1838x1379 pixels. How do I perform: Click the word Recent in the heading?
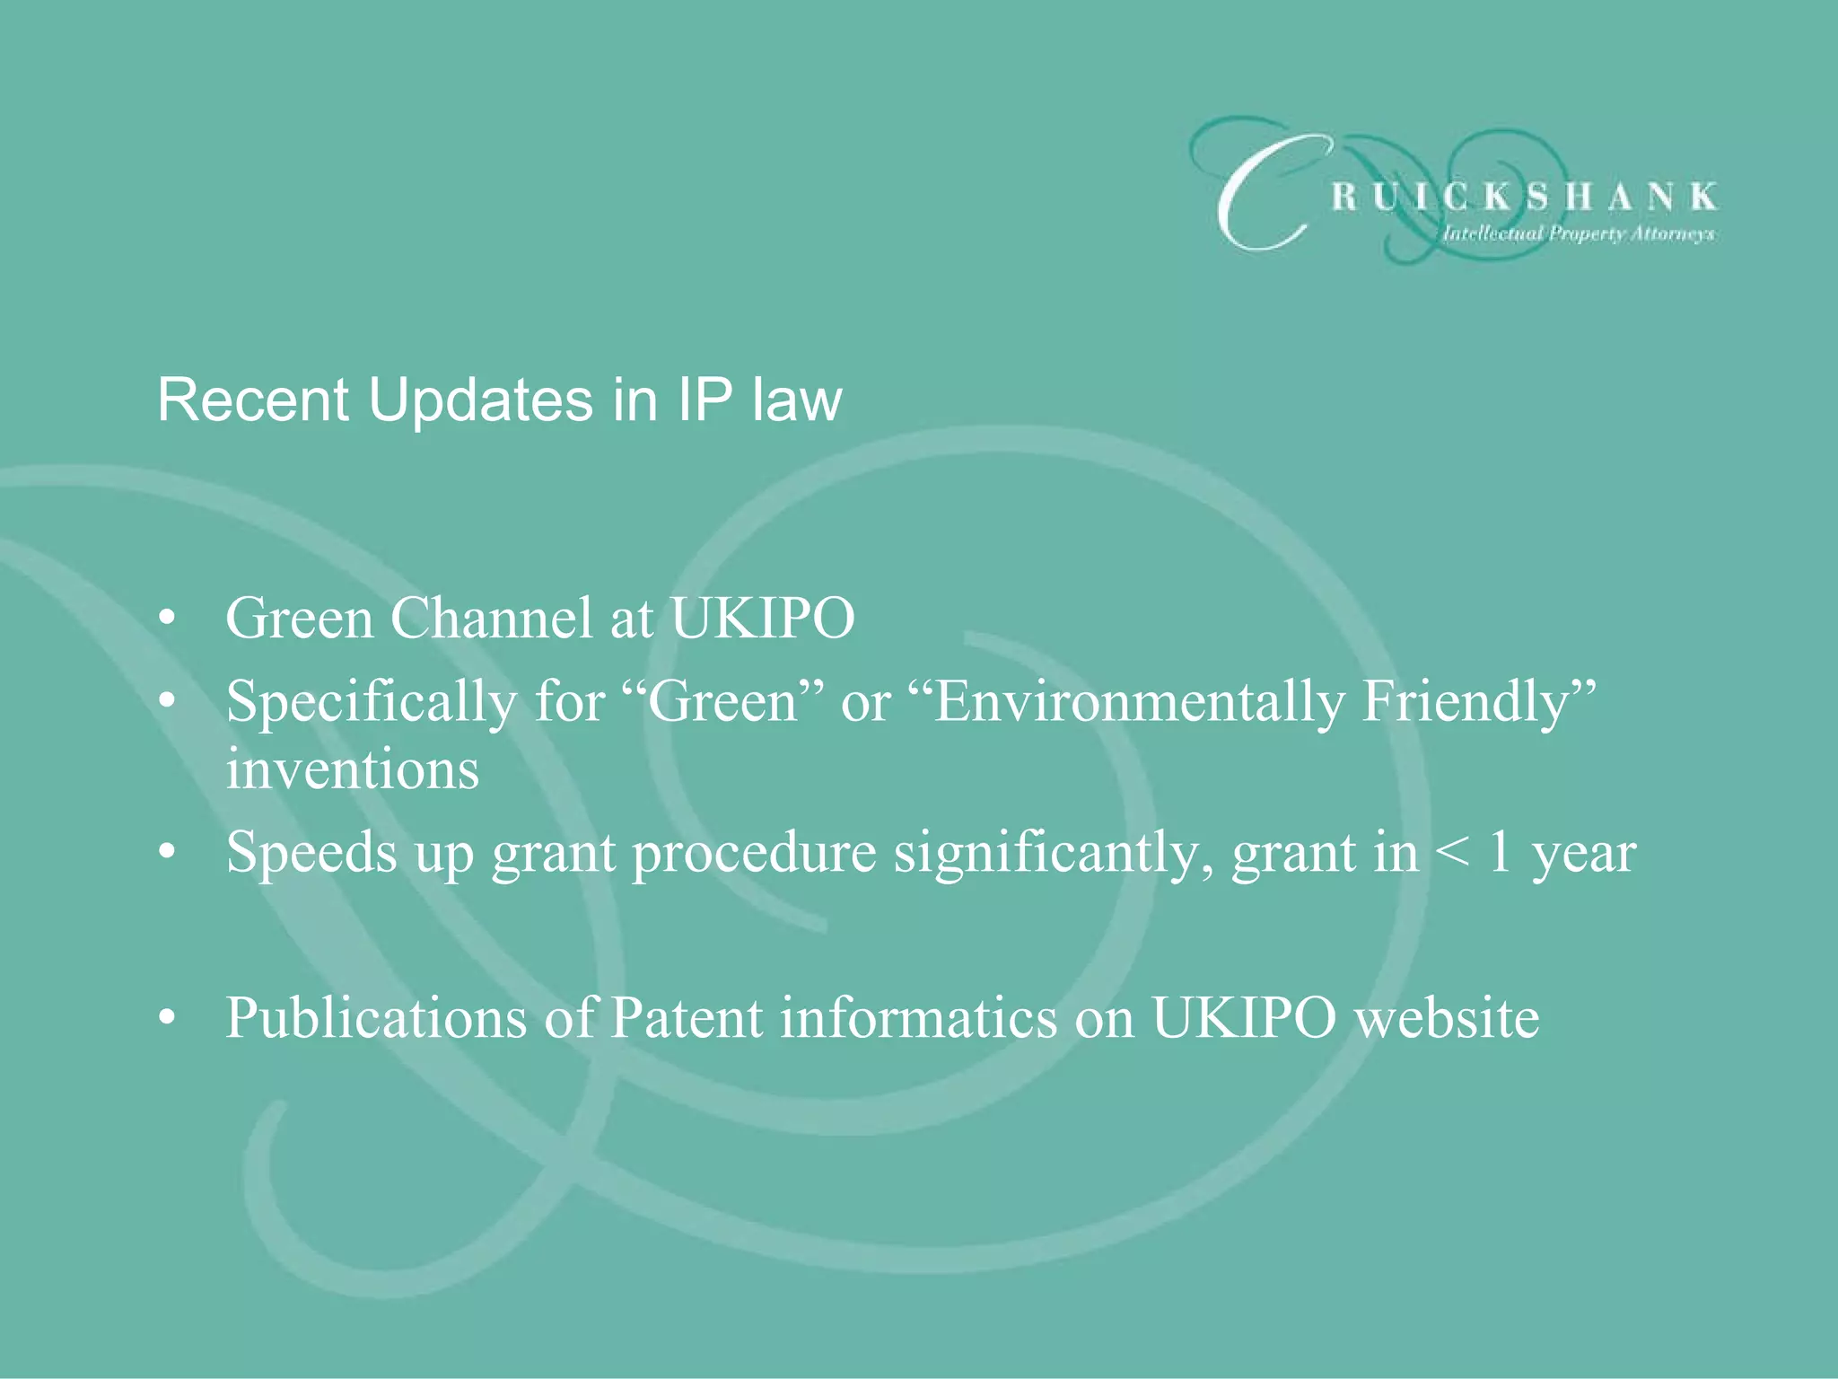click(x=252, y=400)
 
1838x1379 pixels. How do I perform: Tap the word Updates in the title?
click(x=480, y=400)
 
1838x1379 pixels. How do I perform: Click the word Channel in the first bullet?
click(x=491, y=619)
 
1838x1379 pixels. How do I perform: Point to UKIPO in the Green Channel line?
click(x=762, y=619)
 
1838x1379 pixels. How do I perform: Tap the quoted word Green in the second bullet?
click(x=723, y=701)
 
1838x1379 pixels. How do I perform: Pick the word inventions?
click(x=352, y=770)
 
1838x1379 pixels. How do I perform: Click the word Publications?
click(x=376, y=1019)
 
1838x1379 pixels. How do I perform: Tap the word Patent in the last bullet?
click(x=686, y=1019)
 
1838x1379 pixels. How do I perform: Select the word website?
click(x=1447, y=1019)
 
